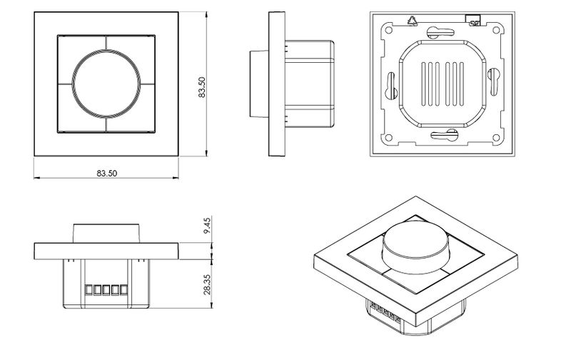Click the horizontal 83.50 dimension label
click(x=106, y=174)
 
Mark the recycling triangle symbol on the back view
click(x=411, y=21)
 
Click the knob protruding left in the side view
click(x=258, y=84)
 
